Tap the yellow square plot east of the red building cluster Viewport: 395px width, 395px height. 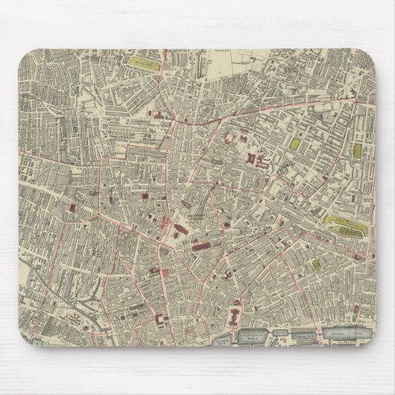(x=295, y=142)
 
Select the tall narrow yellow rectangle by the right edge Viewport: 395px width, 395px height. (x=356, y=151)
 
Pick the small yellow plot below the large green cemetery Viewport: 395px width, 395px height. (x=316, y=264)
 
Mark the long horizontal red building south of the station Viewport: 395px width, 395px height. (x=204, y=247)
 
